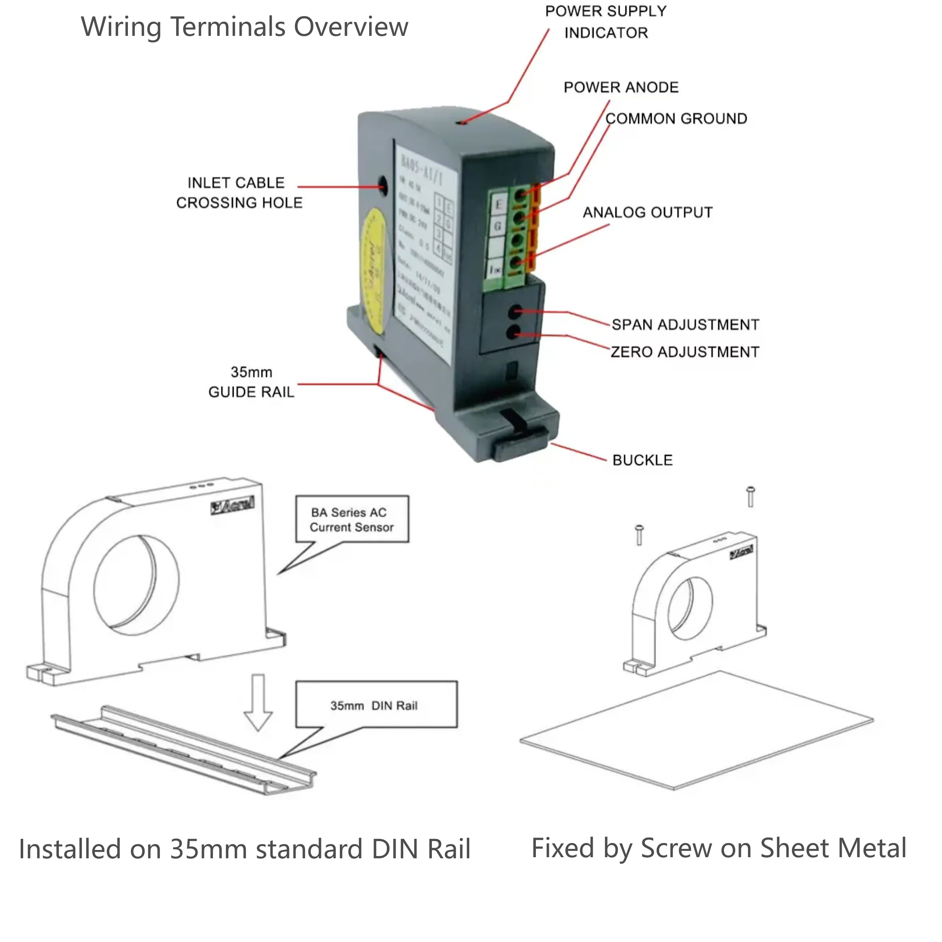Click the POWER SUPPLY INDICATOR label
click(605, 22)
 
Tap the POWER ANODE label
click(621, 87)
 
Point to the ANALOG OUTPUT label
click(647, 213)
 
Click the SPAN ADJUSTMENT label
click(685, 325)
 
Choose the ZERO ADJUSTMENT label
click(684, 352)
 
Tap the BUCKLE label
click(642, 460)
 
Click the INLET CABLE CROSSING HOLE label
click(239, 193)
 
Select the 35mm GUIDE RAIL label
click(251, 382)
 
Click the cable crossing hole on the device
click(382, 186)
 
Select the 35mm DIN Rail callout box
click(376, 705)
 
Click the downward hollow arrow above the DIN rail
click(258, 702)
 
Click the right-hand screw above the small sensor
click(751, 496)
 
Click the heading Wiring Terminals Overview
click(244, 26)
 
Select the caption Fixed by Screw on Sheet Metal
click(719, 849)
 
